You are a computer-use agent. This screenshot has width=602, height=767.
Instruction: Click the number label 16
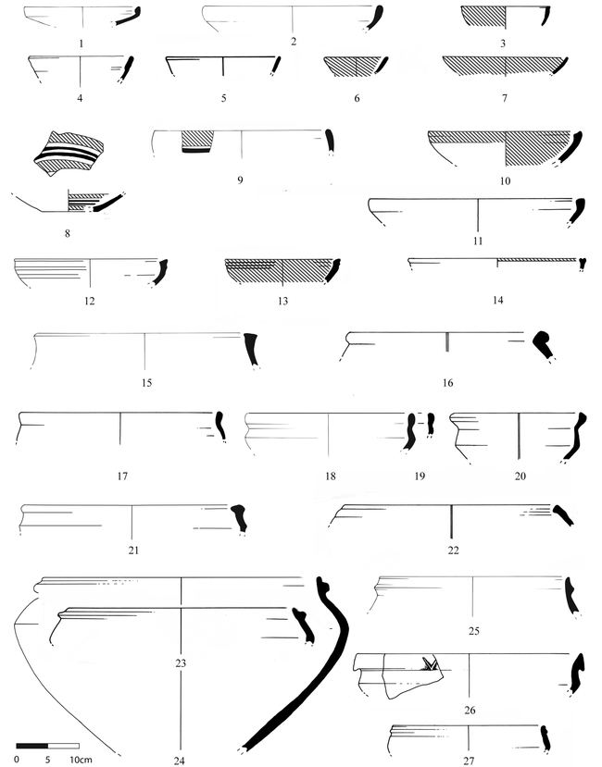(447, 382)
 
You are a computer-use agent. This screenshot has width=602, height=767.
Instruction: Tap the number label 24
(180, 761)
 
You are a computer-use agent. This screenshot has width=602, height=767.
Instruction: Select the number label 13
(282, 301)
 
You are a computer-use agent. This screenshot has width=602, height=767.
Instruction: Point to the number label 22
(453, 551)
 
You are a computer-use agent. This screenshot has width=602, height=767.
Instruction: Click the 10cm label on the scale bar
(81, 760)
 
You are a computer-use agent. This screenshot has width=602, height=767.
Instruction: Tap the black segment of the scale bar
(31, 746)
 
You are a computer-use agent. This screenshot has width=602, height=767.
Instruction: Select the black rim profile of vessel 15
(251, 349)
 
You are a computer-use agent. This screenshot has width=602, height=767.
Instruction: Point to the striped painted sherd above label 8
(69, 153)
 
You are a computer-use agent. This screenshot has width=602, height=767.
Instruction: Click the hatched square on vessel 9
(197, 142)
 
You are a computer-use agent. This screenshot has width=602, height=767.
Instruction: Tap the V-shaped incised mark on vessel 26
(431, 663)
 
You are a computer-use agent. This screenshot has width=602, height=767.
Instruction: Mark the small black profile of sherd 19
(431, 424)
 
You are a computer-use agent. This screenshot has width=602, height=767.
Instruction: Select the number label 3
(503, 43)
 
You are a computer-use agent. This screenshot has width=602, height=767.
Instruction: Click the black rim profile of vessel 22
(563, 515)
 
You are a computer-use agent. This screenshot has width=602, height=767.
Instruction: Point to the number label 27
(469, 761)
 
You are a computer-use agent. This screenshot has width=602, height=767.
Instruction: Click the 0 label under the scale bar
(18, 760)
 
